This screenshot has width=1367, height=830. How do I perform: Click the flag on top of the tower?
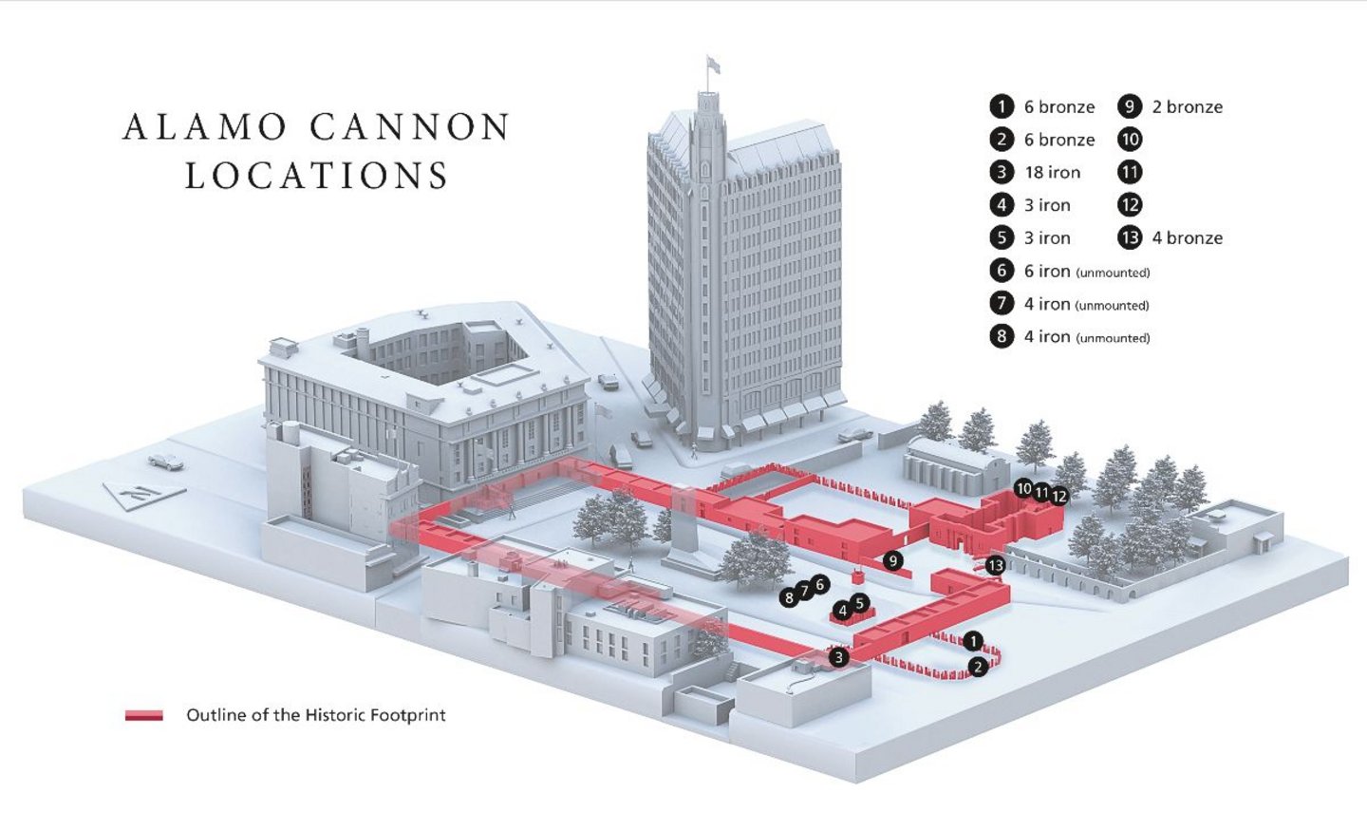click(x=713, y=65)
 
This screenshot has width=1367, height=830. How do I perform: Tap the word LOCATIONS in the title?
click(x=317, y=176)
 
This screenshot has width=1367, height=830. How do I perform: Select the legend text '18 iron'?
click(x=1052, y=172)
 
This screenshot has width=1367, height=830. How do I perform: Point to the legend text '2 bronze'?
click(x=1187, y=106)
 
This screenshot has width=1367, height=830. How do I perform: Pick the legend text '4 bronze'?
click(x=1187, y=237)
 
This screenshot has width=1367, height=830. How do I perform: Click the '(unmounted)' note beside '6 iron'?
click(x=1113, y=273)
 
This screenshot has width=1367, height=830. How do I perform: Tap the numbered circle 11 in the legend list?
click(x=1130, y=172)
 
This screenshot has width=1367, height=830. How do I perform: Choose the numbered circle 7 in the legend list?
click(x=1002, y=304)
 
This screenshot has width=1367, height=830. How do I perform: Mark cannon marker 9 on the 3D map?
click(x=892, y=560)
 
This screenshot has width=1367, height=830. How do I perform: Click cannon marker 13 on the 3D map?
click(x=995, y=566)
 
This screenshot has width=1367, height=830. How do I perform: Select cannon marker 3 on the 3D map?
click(x=838, y=657)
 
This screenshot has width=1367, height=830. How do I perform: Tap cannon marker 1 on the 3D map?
click(x=972, y=642)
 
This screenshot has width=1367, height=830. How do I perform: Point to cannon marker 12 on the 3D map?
click(x=1059, y=496)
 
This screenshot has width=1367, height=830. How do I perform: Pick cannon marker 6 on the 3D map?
click(x=820, y=584)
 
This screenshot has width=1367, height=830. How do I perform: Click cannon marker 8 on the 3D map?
click(x=789, y=598)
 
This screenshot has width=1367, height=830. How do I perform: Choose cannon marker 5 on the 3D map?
click(x=859, y=603)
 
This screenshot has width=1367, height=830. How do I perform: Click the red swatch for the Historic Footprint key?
click(x=143, y=715)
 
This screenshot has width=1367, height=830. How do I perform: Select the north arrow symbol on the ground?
click(x=142, y=493)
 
